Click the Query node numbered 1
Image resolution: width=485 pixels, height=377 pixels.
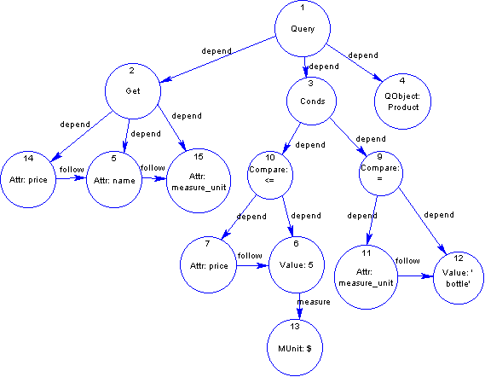click(x=303, y=28)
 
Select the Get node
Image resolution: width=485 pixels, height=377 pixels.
click(x=133, y=91)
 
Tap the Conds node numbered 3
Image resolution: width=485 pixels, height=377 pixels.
click(x=311, y=101)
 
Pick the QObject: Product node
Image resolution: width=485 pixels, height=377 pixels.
click(x=402, y=101)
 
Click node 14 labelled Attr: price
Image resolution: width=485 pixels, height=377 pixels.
click(x=28, y=179)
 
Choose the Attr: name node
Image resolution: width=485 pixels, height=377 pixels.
click(x=114, y=180)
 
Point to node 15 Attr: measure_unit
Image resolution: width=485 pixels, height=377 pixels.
click(x=199, y=181)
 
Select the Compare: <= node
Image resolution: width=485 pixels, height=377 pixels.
click(x=270, y=175)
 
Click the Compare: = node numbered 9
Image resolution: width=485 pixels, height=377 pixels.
click(x=381, y=174)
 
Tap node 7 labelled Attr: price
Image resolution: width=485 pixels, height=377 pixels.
click(x=209, y=265)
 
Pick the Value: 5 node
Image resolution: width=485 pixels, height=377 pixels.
click(x=297, y=264)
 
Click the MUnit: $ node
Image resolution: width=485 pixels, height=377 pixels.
click(x=295, y=348)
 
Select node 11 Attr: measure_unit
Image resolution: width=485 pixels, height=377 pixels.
click(x=367, y=277)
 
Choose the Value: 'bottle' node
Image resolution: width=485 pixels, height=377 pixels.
click(x=459, y=278)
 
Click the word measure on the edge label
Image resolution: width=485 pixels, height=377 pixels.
click(x=314, y=302)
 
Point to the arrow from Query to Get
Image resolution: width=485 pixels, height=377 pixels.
click(x=217, y=60)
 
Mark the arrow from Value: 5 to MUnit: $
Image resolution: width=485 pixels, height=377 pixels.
click(x=299, y=306)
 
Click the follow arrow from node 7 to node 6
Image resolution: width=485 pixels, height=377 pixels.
click(x=252, y=265)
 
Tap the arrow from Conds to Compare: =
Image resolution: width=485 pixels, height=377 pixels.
click(x=349, y=136)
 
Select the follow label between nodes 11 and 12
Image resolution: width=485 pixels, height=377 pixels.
click(x=407, y=261)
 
